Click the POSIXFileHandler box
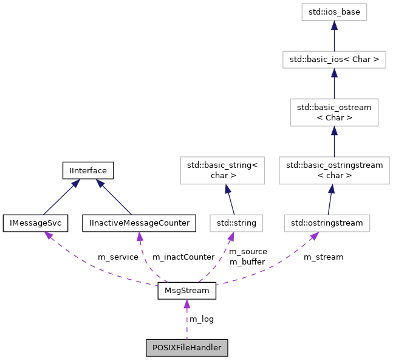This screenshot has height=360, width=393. click(186, 347)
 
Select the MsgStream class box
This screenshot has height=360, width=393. click(186, 291)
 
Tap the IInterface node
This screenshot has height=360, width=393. click(88, 170)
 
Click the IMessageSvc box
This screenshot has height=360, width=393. click(35, 223)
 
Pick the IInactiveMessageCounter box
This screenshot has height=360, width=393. click(139, 223)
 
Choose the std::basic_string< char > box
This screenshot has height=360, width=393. click(222, 170)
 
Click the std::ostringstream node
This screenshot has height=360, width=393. click(327, 223)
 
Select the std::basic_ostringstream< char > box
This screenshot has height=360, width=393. click(334, 170)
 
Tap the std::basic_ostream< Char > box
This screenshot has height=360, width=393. click(334, 112)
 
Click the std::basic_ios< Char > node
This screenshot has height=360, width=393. click(334, 60)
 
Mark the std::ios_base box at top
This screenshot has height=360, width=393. click(334, 12)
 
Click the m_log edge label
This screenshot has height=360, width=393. click(202, 319)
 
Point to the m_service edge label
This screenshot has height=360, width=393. click(118, 257)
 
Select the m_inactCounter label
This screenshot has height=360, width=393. click(183, 257)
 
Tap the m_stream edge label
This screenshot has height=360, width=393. click(323, 257)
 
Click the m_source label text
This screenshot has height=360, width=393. click(247, 252)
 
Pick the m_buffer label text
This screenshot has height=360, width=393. click(247, 263)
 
